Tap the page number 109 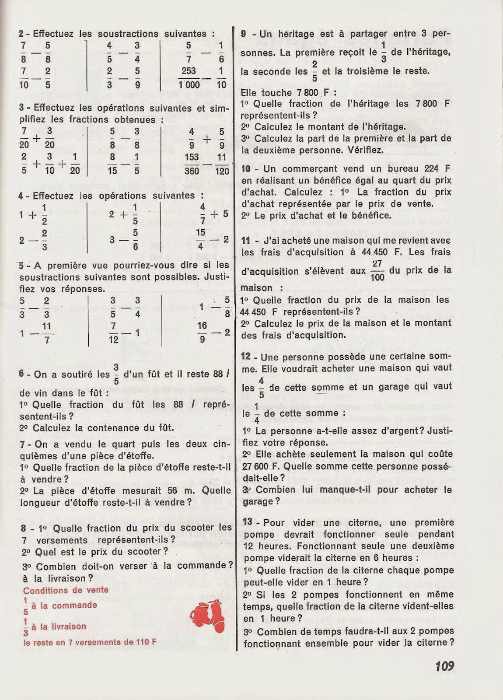tap(444, 666)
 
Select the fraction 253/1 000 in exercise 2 tap(189, 77)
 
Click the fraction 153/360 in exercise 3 tap(192, 164)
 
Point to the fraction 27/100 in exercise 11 tap(377, 270)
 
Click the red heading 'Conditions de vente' tap(66, 590)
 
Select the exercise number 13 tap(248, 522)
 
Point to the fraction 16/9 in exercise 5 tap(202, 332)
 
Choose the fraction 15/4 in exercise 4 tap(200, 239)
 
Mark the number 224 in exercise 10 tap(431, 168)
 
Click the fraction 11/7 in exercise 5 tap(47, 332)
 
